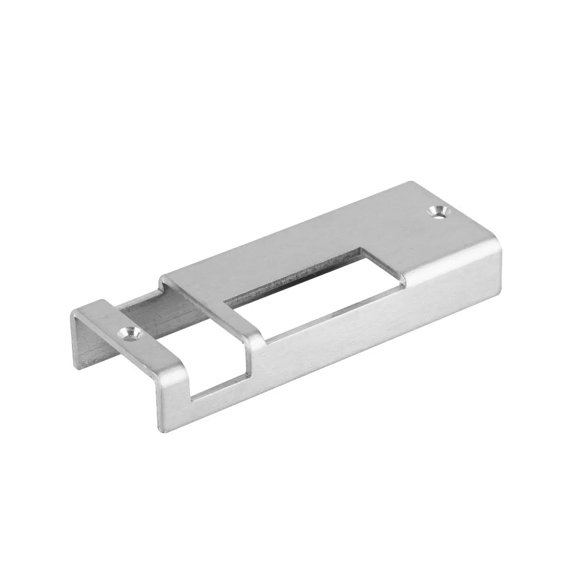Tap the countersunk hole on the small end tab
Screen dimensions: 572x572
(x=131, y=333)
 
